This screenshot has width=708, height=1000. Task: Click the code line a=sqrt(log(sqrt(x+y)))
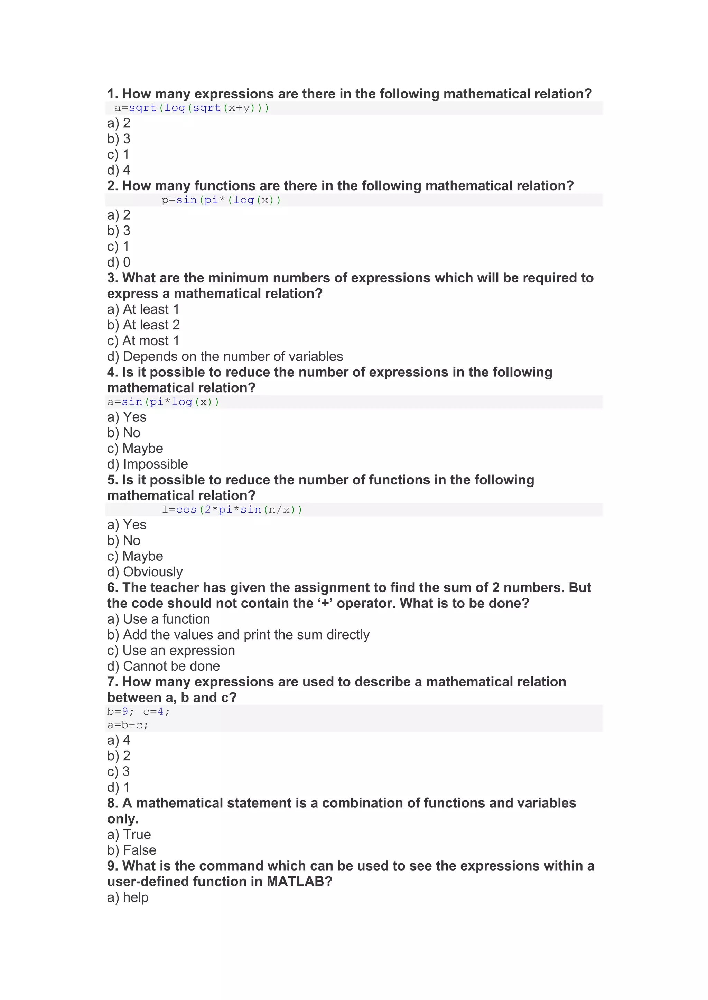point(192,108)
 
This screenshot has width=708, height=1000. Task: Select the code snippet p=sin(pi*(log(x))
point(221,200)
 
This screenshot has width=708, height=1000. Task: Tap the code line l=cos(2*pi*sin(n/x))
point(232,510)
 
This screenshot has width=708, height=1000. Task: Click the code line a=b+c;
point(128,725)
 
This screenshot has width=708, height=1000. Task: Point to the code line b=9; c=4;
point(138,712)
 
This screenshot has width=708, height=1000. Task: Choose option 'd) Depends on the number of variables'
point(225,356)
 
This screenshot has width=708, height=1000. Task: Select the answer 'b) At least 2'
point(143,325)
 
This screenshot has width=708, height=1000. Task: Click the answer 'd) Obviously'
point(145,571)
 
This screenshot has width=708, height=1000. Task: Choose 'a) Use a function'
point(159,619)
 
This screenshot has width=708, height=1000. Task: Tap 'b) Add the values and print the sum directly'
point(238,635)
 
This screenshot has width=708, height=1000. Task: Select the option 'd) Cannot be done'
point(164,666)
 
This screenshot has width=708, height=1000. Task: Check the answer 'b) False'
point(132,850)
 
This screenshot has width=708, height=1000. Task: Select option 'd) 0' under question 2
point(119,262)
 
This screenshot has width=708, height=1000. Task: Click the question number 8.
point(112,803)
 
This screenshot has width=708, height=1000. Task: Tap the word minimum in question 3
point(237,278)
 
